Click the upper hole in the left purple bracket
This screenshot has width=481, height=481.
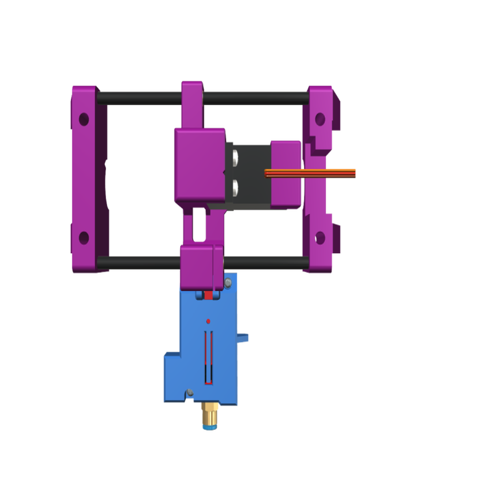[84, 119]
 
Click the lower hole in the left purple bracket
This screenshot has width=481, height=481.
[84, 238]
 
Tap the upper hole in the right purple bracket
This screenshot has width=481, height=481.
[320, 119]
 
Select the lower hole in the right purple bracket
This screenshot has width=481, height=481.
[320, 238]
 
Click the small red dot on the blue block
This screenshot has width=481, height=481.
[208, 321]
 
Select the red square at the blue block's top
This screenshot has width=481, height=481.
[209, 295]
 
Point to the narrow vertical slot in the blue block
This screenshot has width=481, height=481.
[209, 357]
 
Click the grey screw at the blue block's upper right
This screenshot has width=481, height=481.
[228, 282]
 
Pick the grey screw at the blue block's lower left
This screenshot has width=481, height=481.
[190, 392]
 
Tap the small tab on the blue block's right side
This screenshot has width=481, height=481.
[244, 337]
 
